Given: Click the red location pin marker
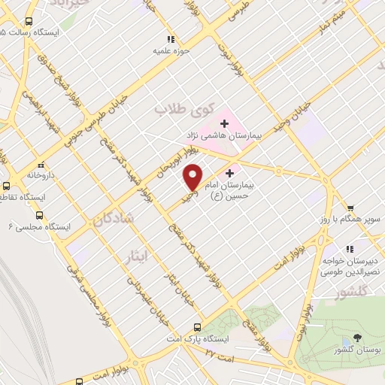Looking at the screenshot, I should coord(193,177).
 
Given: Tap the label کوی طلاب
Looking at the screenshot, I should coord(182,110).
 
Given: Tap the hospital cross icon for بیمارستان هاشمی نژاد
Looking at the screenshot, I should coord(224,123).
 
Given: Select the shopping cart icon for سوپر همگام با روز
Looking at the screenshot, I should coord(350,208).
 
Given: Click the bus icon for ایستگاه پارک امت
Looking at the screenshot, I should coord(197,327).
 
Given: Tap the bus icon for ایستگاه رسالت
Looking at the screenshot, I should coord(29,23).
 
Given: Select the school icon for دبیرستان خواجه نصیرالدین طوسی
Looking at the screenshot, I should coord(349,248).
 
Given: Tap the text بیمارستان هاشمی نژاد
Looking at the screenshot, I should coord(223,136).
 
